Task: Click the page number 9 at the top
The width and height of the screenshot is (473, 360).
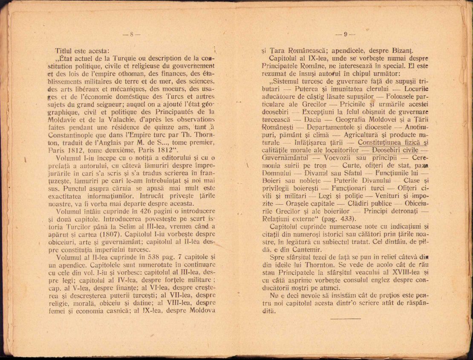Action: click(x=346, y=35)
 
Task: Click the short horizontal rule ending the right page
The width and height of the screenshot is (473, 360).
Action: click(x=345, y=318)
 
